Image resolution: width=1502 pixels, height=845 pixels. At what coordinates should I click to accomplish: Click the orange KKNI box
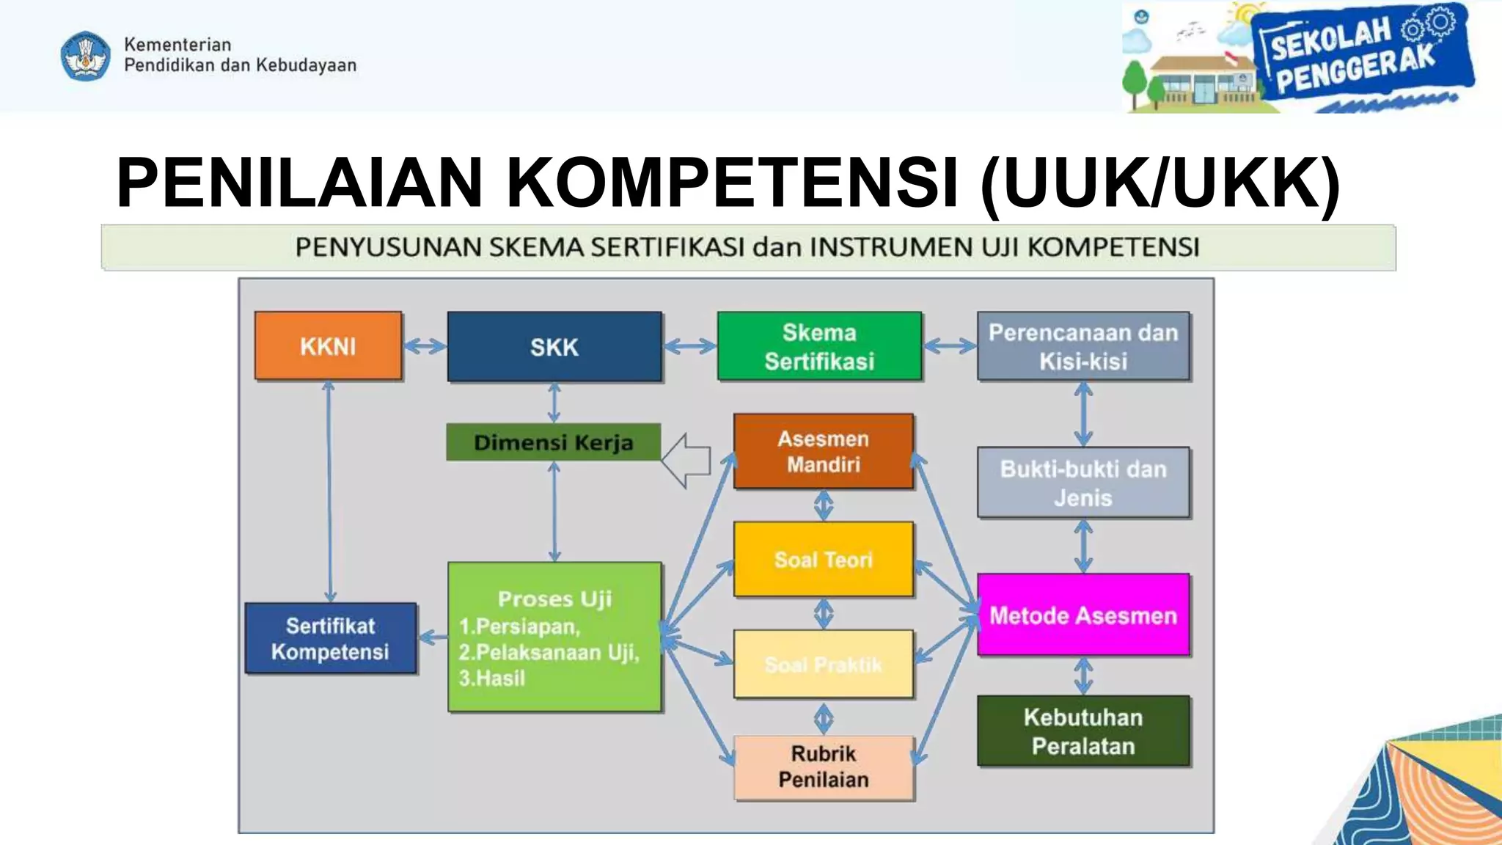click(328, 345)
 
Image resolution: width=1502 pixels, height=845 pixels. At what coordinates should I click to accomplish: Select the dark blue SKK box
click(554, 346)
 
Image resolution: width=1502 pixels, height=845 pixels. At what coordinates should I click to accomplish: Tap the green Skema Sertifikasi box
click(819, 346)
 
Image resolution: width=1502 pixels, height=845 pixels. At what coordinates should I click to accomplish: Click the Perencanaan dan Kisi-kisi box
click(1083, 346)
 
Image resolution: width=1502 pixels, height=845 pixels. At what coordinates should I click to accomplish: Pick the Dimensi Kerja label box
click(553, 442)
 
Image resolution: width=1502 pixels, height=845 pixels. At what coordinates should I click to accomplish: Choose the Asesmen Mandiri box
click(823, 451)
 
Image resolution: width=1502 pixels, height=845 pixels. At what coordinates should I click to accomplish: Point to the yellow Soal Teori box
click(823, 560)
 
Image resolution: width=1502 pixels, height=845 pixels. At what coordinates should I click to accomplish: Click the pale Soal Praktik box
click(823, 664)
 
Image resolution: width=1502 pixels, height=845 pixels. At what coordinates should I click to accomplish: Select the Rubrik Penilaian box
click(823, 767)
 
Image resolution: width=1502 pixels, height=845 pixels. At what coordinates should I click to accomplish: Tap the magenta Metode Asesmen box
click(1083, 615)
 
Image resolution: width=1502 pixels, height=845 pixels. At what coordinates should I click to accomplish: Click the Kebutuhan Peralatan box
click(1083, 731)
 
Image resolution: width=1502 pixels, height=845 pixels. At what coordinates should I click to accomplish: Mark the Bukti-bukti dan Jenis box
click(1083, 483)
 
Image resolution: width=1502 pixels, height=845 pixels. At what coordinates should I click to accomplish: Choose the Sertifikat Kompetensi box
click(330, 638)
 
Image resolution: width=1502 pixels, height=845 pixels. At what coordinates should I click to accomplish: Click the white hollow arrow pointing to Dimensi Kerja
click(686, 461)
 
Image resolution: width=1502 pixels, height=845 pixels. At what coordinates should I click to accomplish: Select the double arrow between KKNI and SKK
click(425, 346)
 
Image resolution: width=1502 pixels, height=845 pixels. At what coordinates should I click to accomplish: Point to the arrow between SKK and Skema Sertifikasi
click(689, 346)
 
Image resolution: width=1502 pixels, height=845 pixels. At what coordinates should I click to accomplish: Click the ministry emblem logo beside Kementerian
click(86, 56)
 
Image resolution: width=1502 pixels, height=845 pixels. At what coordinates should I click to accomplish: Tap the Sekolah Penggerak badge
click(1360, 55)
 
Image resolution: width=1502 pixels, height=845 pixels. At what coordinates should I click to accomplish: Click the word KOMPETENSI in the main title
click(732, 183)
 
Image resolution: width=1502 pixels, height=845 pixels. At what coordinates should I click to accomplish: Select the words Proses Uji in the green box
click(554, 599)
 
